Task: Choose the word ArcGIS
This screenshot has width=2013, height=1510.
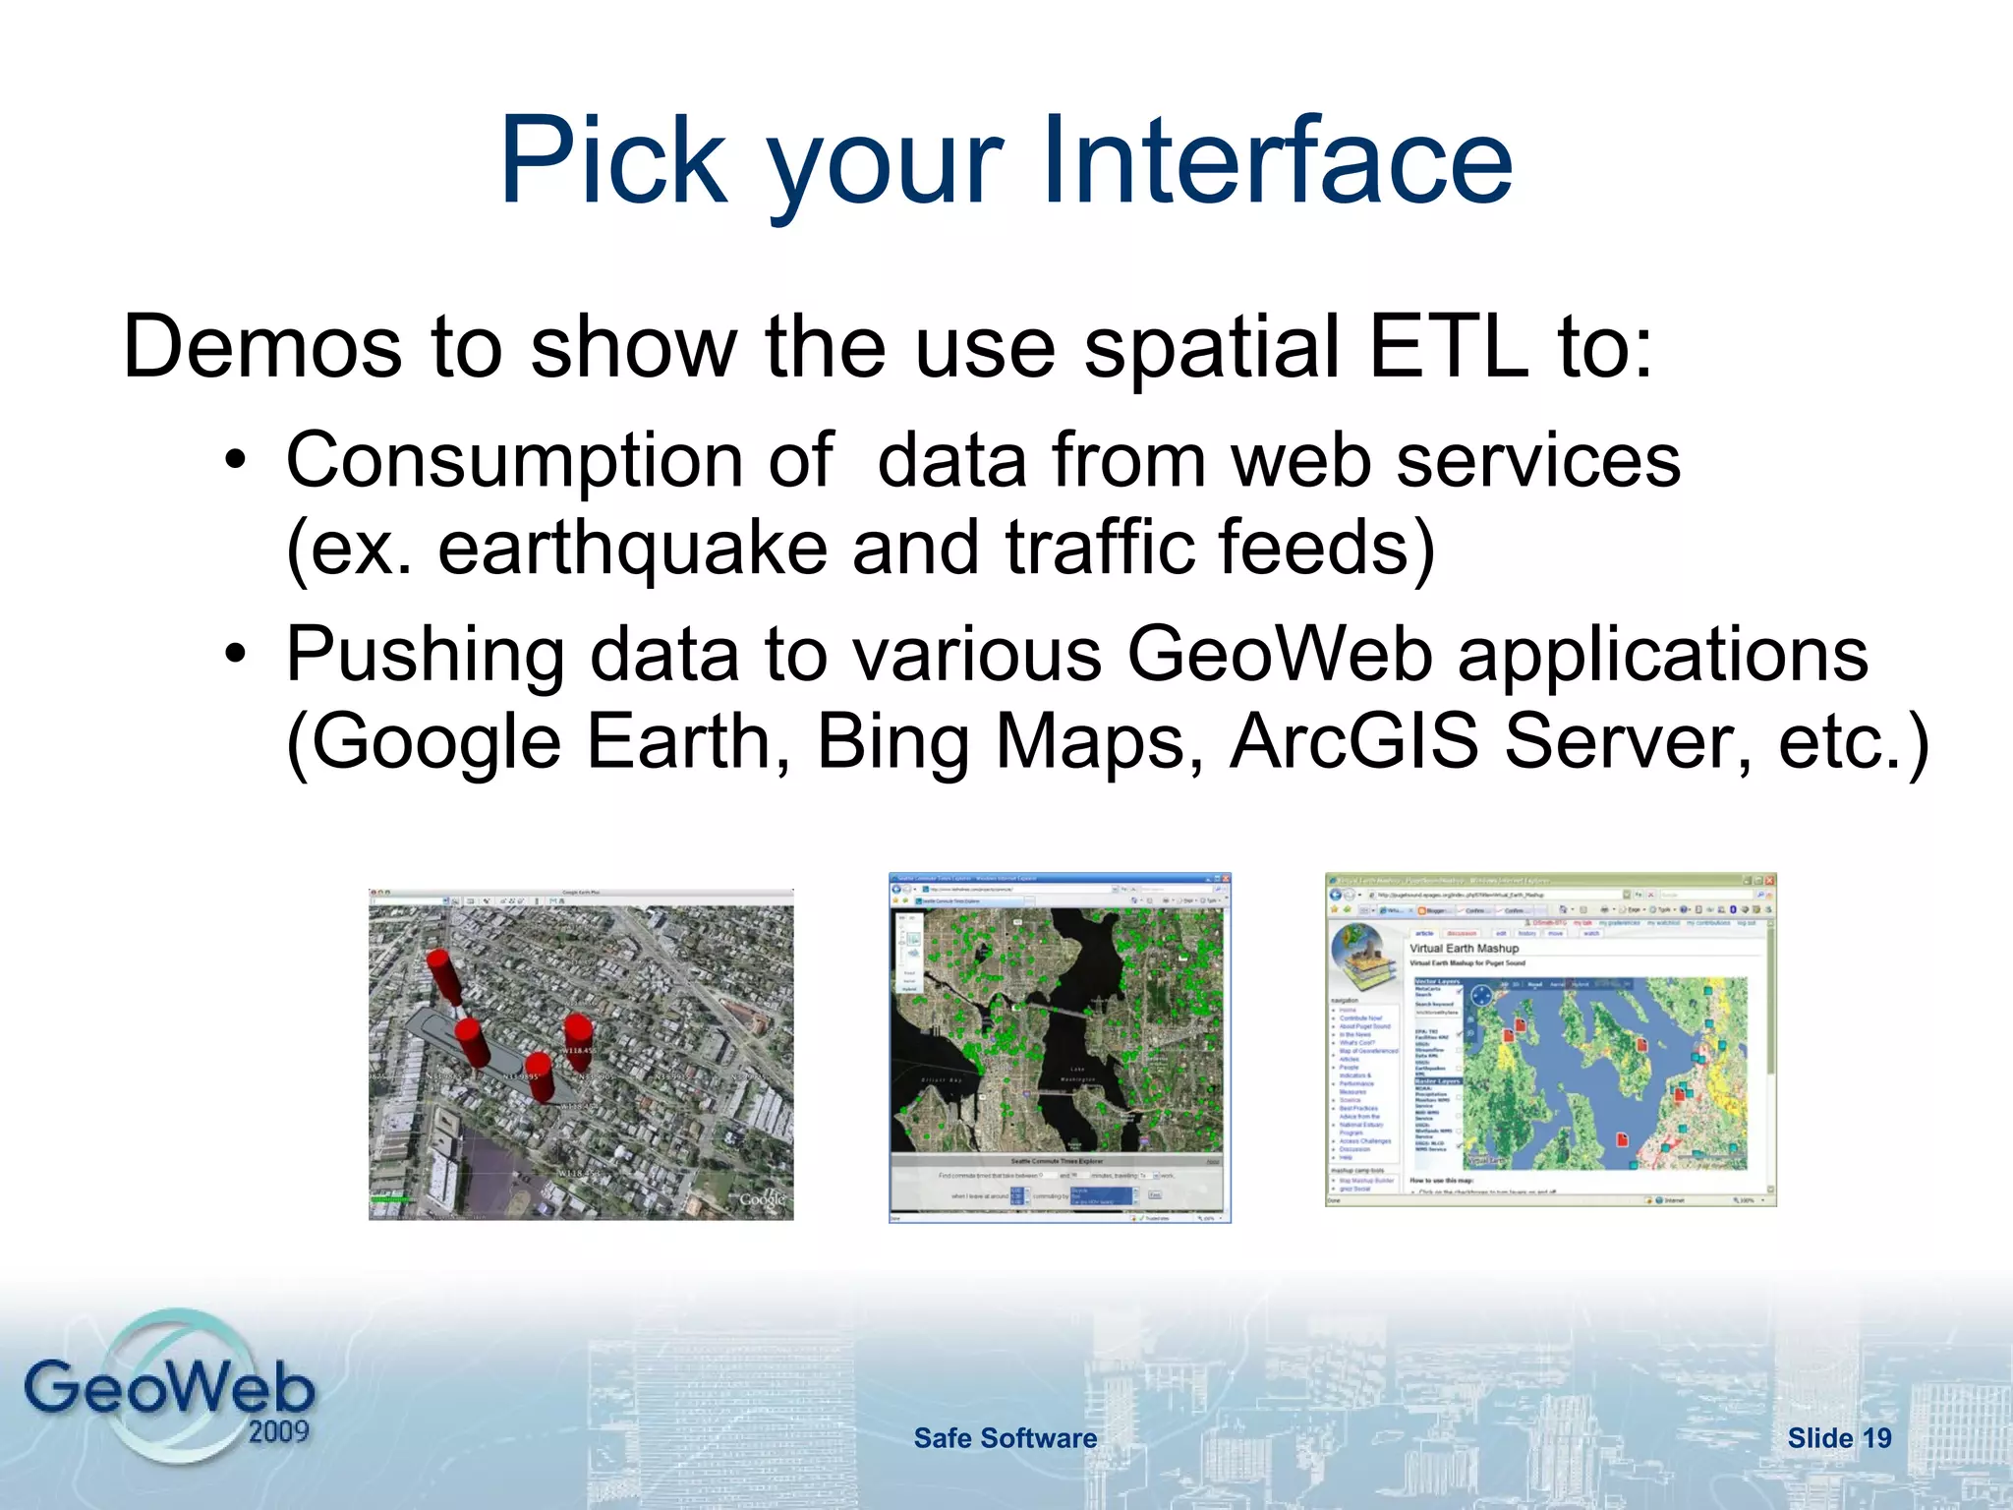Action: click(1354, 741)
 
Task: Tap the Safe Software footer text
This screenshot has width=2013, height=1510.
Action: click(1005, 1438)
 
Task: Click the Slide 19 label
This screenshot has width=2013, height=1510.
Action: click(1839, 1438)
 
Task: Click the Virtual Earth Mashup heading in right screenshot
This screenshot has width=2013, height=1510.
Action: click(1464, 949)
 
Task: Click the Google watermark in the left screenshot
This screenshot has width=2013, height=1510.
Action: click(763, 1199)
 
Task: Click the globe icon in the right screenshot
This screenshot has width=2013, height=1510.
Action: click(1364, 958)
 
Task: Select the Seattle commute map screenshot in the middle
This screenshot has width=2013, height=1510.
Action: click(1059, 1047)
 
